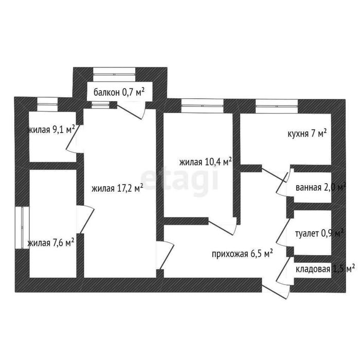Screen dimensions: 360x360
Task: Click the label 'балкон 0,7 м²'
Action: (x=119, y=92)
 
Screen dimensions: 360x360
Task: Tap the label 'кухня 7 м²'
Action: (x=307, y=133)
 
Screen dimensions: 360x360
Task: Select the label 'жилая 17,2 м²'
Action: (x=117, y=189)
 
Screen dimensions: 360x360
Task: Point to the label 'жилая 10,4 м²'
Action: (x=205, y=162)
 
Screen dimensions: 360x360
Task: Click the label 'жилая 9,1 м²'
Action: (x=51, y=130)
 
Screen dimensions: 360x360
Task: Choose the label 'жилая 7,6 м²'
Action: (x=51, y=243)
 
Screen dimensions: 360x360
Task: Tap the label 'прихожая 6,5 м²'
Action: (x=242, y=254)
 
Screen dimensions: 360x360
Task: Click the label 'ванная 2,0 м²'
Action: (x=321, y=188)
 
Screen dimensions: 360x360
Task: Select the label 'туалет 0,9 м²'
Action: (x=319, y=233)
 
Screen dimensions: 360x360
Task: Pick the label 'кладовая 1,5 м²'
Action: (x=325, y=269)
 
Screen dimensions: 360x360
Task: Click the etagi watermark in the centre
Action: (x=179, y=181)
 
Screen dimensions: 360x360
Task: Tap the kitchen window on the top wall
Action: (x=277, y=106)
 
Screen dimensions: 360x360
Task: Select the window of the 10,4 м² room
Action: (x=202, y=106)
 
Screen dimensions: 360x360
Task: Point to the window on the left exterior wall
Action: (x=22, y=227)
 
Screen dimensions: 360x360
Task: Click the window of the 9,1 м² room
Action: (x=47, y=104)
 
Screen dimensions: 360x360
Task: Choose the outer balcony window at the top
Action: (x=115, y=75)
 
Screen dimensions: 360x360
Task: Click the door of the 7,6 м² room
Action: (x=85, y=219)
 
